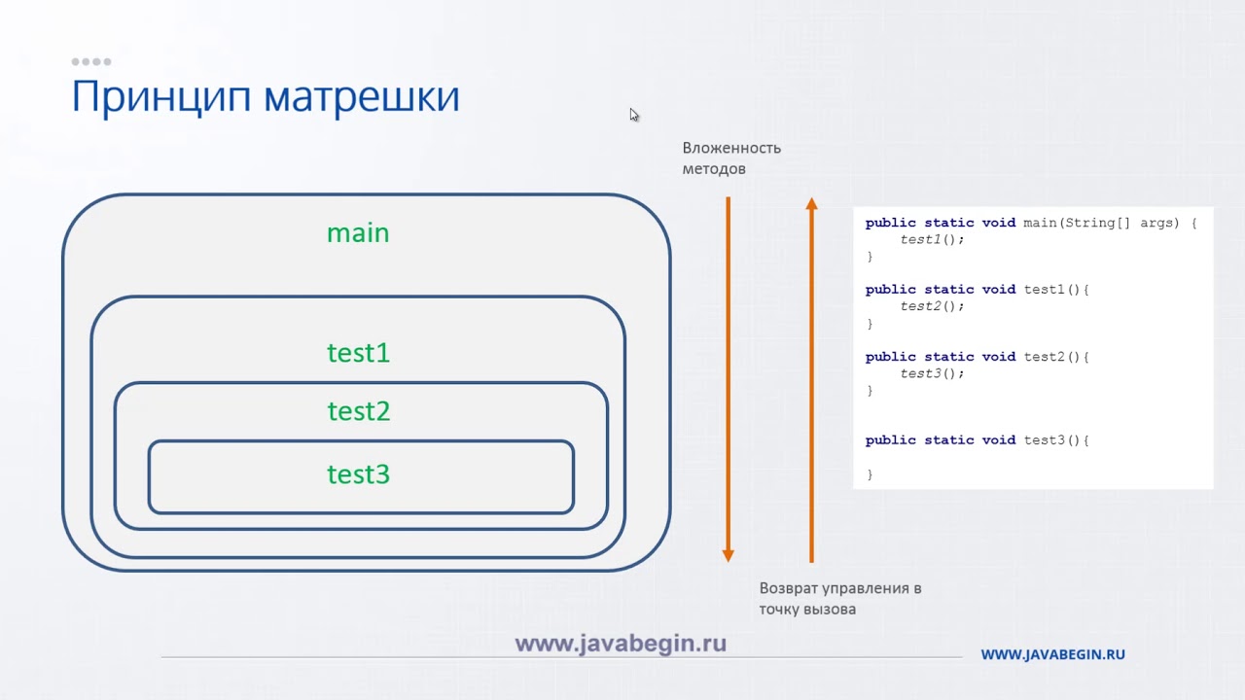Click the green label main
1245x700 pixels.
tap(358, 233)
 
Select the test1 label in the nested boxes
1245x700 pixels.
tap(358, 353)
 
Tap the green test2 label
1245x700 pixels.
tap(358, 412)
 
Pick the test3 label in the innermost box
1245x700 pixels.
tap(358, 474)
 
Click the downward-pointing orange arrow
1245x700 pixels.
tap(728, 379)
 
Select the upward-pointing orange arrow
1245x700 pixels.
tap(811, 379)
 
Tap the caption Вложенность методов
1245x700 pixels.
tap(730, 158)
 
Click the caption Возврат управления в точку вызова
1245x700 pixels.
tap(839, 599)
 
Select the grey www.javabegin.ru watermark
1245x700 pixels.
tap(621, 644)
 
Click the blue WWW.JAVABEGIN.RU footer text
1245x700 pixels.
tap(1052, 655)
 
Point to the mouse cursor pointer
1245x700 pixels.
tap(634, 115)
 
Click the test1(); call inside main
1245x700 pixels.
tap(932, 239)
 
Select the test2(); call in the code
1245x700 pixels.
tap(932, 306)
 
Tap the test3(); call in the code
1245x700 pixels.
tap(932, 373)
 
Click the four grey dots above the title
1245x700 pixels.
tap(91, 62)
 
